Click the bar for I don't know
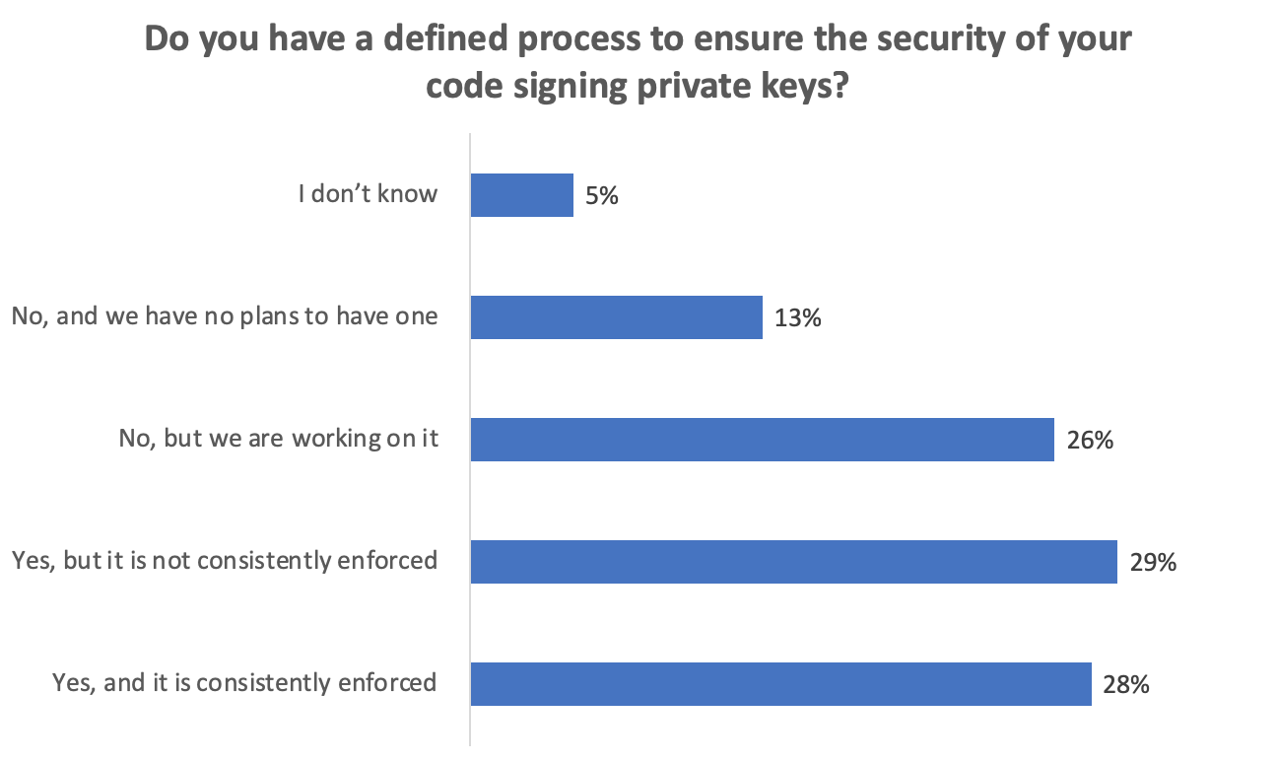521,195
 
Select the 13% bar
616,317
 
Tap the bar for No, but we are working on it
762,440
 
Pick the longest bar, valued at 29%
793,562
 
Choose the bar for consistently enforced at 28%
780,684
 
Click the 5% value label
601,196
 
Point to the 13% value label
797,318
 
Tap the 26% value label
1090,441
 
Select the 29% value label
1153,563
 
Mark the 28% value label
1126,685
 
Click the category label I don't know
368,193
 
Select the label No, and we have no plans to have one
225,316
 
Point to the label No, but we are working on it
278,439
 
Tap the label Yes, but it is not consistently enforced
225,561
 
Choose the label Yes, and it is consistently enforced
244,682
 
